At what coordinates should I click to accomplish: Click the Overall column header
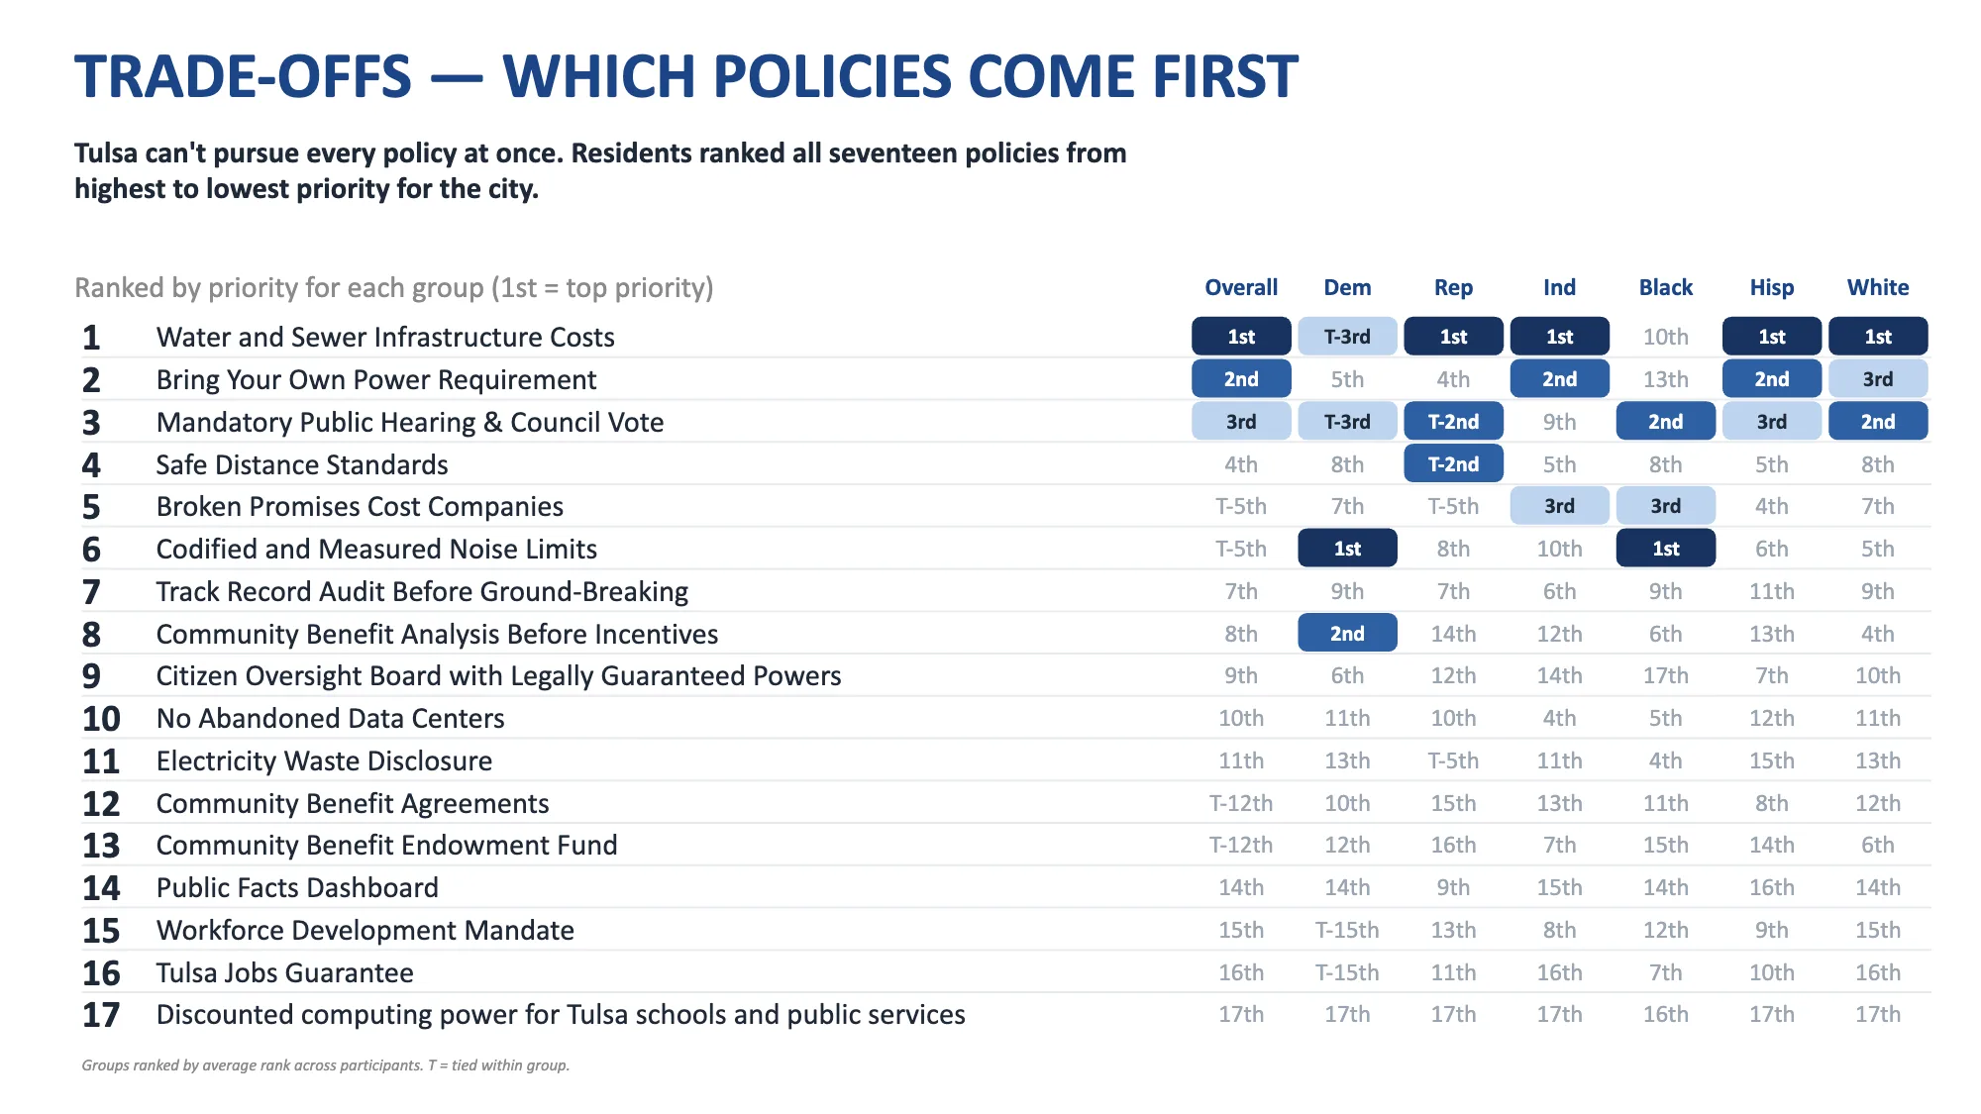pos(1241,287)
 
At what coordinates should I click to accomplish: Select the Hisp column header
pos(1772,287)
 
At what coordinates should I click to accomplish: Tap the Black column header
pos(1666,287)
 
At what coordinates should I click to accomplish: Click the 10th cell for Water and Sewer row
pos(1666,337)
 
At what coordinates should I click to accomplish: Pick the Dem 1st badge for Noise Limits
pos(1347,549)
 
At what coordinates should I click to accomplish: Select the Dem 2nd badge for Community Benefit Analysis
pos(1347,634)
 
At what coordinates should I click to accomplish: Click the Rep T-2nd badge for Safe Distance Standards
pos(1453,464)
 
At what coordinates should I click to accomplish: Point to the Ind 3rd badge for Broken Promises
pos(1559,506)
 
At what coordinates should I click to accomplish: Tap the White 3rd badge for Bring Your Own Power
pos(1878,379)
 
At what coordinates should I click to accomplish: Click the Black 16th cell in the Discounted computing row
pos(1666,1015)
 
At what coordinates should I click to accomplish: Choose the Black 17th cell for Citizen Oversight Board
pos(1666,676)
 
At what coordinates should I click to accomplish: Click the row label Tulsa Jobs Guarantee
pos(285,973)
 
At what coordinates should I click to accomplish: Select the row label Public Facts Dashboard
pos(297,888)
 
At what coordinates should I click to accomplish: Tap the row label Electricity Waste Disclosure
pos(324,761)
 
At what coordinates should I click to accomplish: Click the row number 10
pos(101,719)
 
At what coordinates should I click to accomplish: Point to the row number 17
pos(101,1015)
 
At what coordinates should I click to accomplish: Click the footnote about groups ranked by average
pos(326,1065)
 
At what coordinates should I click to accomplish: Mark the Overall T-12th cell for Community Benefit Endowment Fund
pos(1241,846)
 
